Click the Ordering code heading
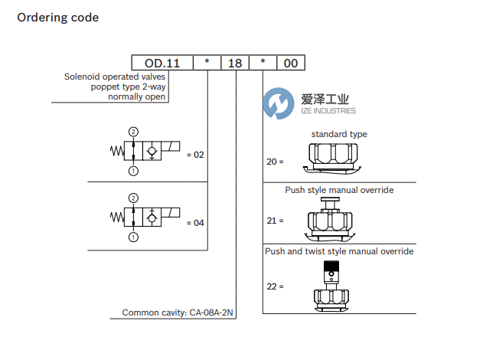57,18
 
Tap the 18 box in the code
235,64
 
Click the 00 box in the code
291,64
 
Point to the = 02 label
195,155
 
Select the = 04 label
195,223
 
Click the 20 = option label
276,162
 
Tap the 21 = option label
276,221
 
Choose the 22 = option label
276,286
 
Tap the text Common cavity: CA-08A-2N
178,313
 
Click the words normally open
137,97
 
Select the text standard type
339,134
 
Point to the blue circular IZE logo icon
276,104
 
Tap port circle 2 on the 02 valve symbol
134,133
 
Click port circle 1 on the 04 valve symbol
134,237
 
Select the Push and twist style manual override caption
339,251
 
